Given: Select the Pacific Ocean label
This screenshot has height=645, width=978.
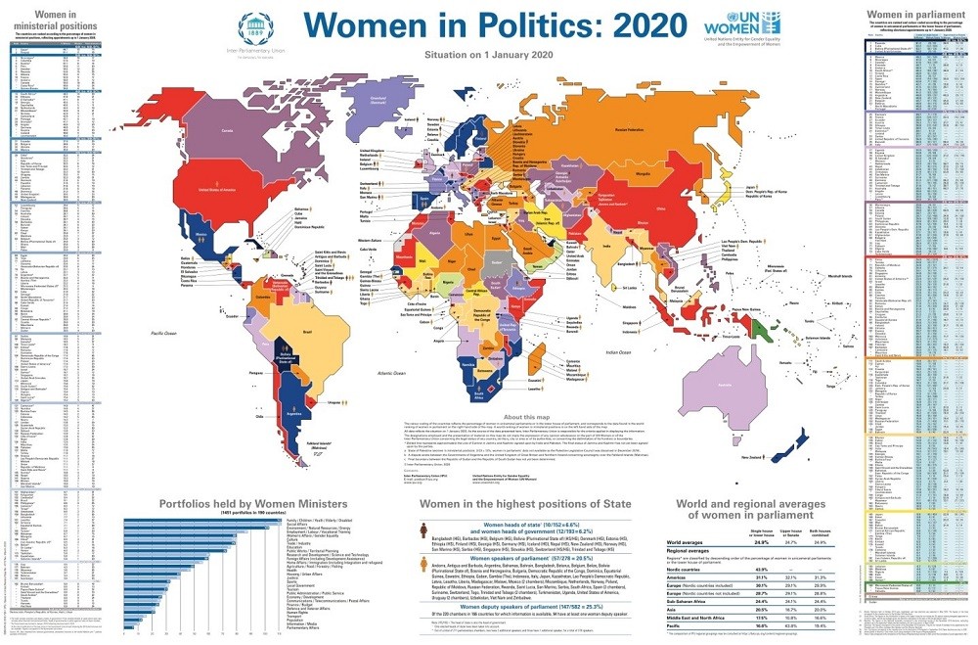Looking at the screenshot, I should coord(154,336).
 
